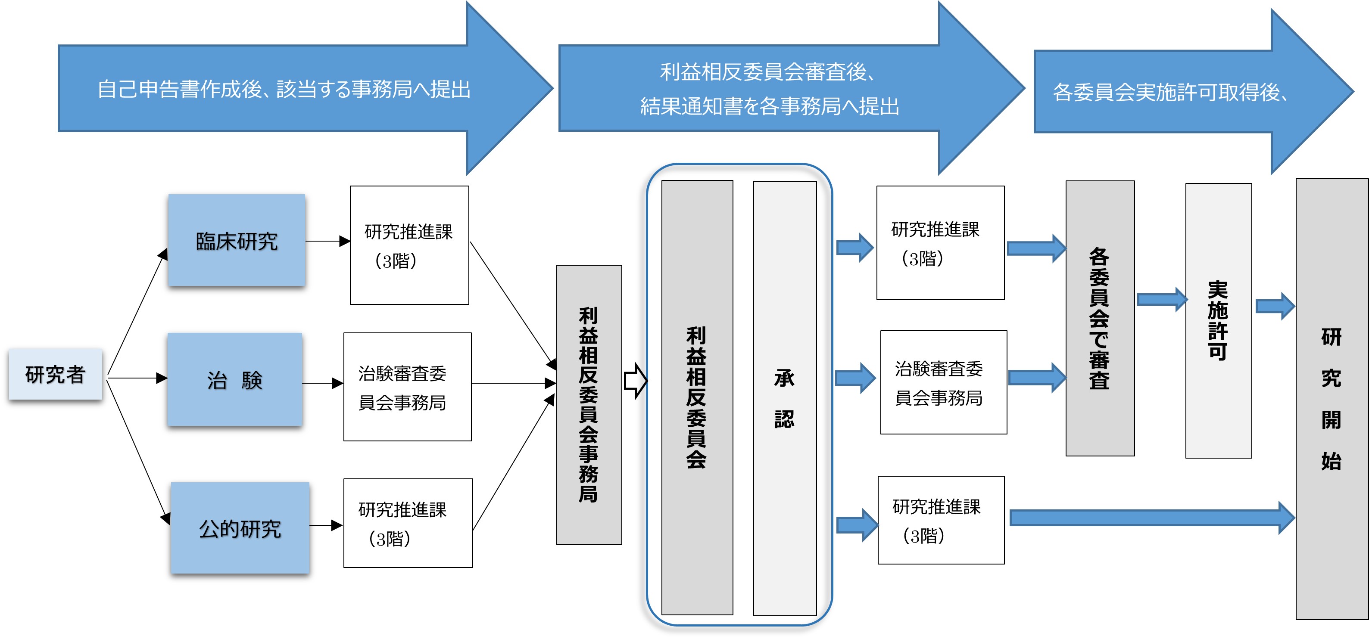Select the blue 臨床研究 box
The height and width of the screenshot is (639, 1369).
click(237, 241)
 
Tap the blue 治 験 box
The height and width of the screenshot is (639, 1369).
click(235, 379)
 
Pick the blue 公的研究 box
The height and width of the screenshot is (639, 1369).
click(240, 528)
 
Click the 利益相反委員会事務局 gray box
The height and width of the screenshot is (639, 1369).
click(589, 405)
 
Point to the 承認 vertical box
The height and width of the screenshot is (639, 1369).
click(784, 398)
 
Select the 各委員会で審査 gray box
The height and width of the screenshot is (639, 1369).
click(1100, 319)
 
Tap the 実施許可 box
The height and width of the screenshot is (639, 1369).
click(1218, 321)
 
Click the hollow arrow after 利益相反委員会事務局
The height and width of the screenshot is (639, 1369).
click(635, 380)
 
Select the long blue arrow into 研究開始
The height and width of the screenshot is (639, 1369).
click(1151, 518)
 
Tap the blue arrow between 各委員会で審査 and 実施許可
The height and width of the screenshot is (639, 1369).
click(1161, 300)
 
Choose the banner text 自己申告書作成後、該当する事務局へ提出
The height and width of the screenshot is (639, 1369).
click(284, 89)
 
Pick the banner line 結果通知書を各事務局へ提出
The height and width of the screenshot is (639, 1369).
click(770, 107)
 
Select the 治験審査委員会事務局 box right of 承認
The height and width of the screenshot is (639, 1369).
click(943, 382)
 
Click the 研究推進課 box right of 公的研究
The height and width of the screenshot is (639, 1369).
click(408, 523)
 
